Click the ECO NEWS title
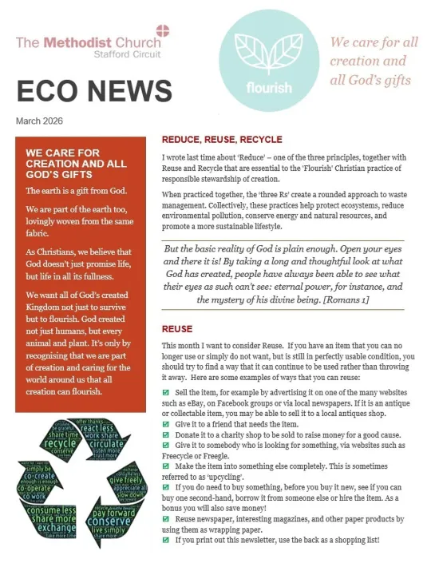[94, 91]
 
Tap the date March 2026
[40, 121]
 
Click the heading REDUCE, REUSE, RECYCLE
[222, 138]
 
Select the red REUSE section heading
[177, 329]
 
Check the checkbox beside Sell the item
[166, 393]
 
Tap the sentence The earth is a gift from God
[76, 191]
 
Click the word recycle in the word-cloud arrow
[61, 442]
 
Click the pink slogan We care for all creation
[374, 60]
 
